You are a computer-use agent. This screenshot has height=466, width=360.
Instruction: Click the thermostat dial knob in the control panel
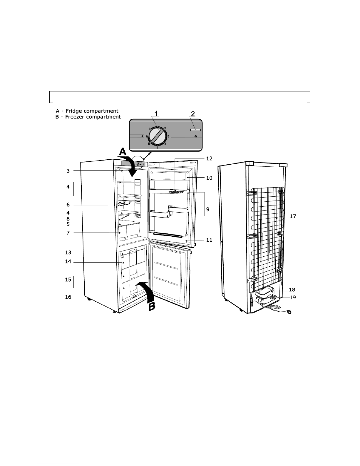pyautogui.click(x=157, y=136)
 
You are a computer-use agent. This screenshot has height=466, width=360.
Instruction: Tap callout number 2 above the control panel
pyautogui.click(x=193, y=113)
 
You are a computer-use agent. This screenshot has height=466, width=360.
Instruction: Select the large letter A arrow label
pyautogui.click(x=122, y=152)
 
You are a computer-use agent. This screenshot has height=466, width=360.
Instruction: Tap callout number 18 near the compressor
pyautogui.click(x=292, y=290)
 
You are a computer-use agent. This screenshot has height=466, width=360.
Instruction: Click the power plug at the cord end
pyautogui.click(x=290, y=313)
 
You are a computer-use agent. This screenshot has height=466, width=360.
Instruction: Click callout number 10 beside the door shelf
pyautogui.click(x=209, y=178)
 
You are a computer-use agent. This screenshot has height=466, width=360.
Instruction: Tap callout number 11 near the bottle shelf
pyautogui.click(x=209, y=240)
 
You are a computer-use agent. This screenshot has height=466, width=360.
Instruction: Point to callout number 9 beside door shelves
pyautogui.click(x=207, y=209)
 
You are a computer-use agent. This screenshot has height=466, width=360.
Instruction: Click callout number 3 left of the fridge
pyautogui.click(x=68, y=171)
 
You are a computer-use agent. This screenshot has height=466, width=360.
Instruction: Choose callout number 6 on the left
pyautogui.click(x=68, y=205)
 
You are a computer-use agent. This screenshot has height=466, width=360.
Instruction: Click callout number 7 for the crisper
pyautogui.click(x=68, y=233)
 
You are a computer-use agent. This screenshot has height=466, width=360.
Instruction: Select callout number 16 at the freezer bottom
pyautogui.click(x=68, y=297)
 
